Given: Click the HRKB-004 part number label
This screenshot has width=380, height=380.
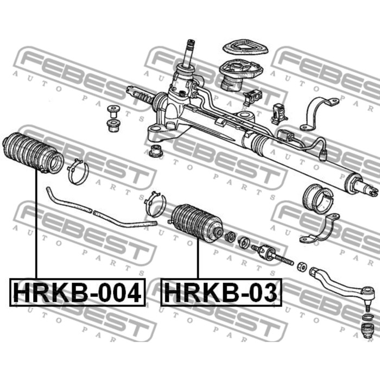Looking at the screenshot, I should pyautogui.click(x=77, y=293).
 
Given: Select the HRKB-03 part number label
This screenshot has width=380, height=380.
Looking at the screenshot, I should pyautogui.click(x=220, y=293).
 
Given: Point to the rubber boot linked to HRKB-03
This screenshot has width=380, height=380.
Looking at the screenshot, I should pyautogui.click(x=197, y=223).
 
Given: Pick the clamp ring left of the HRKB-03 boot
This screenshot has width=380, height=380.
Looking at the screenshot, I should pyautogui.click(x=156, y=205).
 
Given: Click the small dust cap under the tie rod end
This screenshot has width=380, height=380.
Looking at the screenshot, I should pyautogui.click(x=368, y=329).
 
